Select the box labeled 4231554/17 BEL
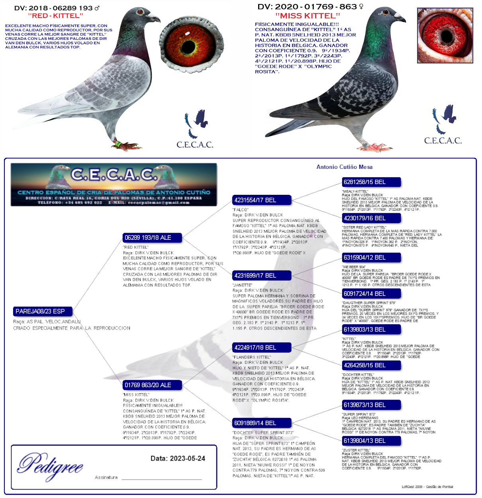262,200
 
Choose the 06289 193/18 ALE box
152,238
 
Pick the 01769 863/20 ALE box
152,385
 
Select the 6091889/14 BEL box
262,423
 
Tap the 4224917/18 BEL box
262,347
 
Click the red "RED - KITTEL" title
55,16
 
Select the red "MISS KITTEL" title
308,16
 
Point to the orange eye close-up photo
192,45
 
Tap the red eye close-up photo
445,35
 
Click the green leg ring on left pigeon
118,143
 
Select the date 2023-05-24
187,459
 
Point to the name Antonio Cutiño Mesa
345,167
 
